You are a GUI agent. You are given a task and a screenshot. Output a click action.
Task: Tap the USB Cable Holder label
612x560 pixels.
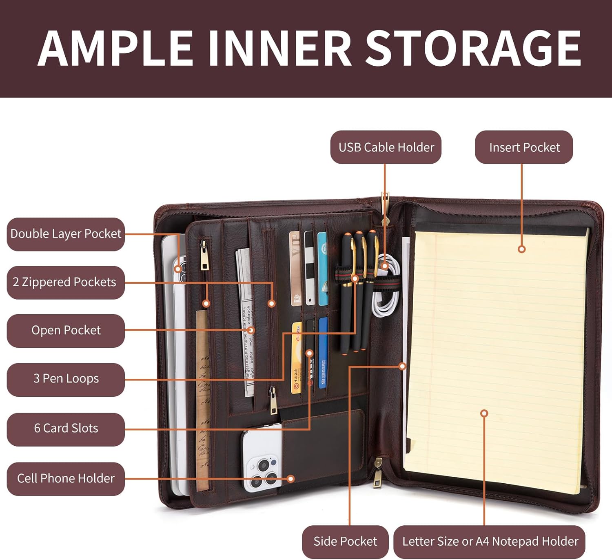(x=386, y=147)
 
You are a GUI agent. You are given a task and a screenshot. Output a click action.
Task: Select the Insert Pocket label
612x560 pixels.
(x=524, y=147)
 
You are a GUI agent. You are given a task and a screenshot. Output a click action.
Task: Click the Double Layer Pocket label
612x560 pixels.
(x=66, y=234)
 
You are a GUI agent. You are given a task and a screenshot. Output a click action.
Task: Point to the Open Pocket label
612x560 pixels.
(x=66, y=330)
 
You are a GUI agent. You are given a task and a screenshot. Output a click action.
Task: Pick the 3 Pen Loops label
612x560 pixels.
(x=66, y=379)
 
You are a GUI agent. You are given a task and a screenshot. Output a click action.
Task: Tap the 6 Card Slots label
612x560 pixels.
(x=66, y=428)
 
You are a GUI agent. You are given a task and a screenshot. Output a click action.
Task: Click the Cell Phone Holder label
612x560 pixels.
(x=66, y=478)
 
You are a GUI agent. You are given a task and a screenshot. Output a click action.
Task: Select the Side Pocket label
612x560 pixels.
(x=345, y=541)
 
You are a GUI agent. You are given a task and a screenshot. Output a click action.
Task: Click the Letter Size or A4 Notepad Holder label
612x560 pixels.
(x=490, y=541)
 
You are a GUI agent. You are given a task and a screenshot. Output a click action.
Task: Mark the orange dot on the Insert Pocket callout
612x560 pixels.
(x=521, y=249)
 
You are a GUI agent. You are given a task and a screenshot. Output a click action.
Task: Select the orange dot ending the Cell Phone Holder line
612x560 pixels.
(x=291, y=479)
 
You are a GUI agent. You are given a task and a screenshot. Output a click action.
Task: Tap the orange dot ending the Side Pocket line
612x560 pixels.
(x=402, y=366)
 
